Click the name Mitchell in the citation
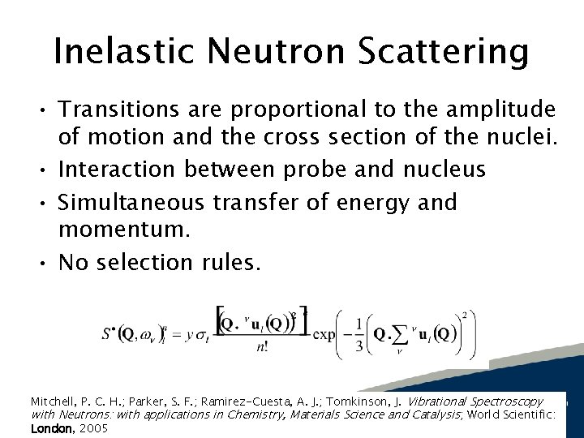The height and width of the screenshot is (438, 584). tap(53, 401)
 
